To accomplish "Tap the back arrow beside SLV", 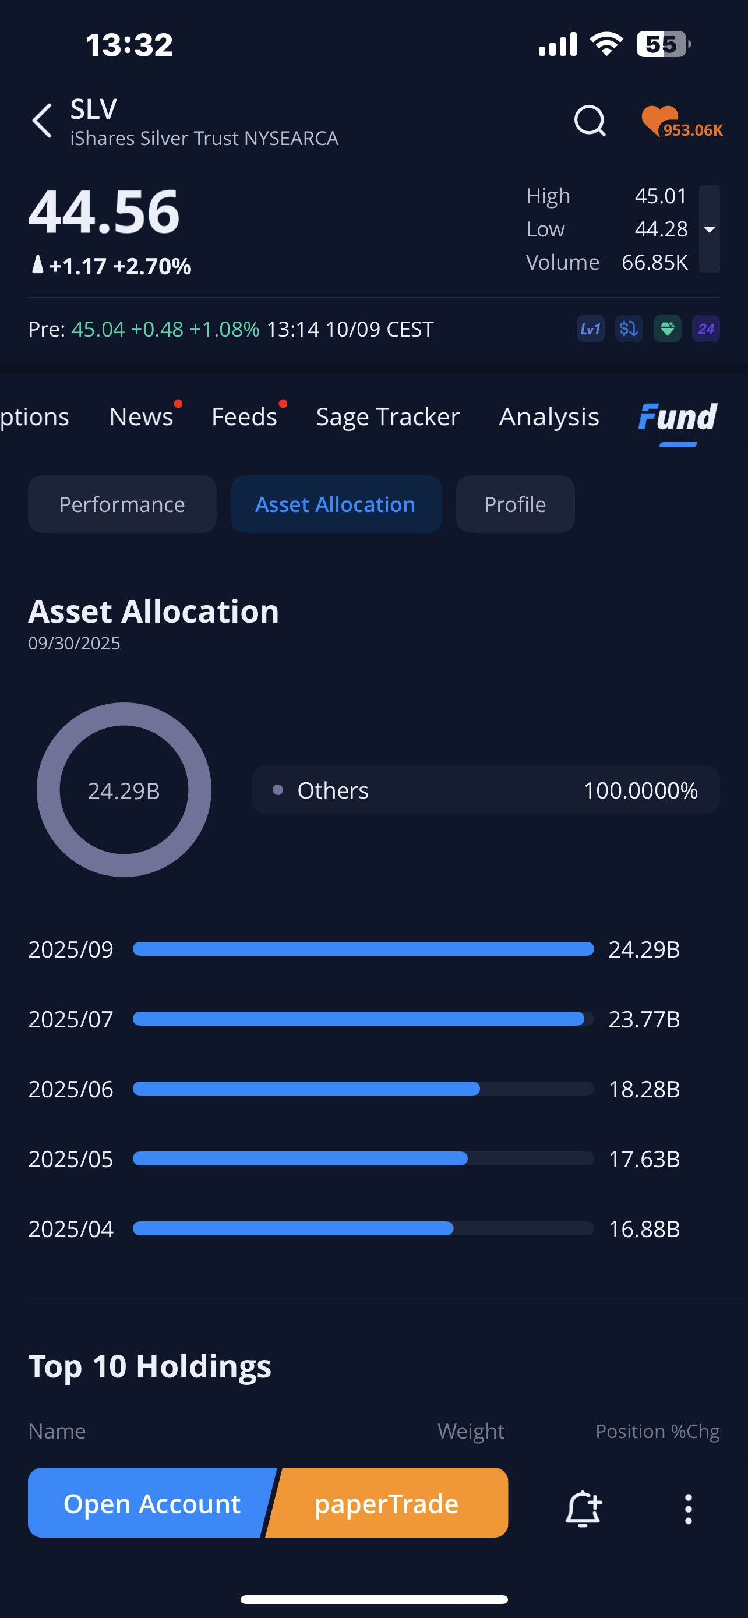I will pyautogui.click(x=42, y=121).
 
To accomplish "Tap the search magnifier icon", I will pyautogui.click(x=590, y=121).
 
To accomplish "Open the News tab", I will pyautogui.click(x=142, y=417).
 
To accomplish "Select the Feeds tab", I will pyautogui.click(x=244, y=417).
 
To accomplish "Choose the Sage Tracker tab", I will pyautogui.click(x=387, y=417).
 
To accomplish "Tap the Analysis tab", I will pyautogui.click(x=549, y=417).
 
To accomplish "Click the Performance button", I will pyautogui.click(x=122, y=504).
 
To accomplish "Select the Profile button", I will pyautogui.click(x=515, y=504).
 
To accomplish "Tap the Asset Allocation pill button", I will pyautogui.click(x=336, y=504).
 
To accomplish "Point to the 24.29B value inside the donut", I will pyautogui.click(x=124, y=791).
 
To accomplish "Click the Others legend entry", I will pyautogui.click(x=485, y=790).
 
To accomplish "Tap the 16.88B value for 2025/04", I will pyautogui.click(x=644, y=1229).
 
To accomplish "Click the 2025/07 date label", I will pyautogui.click(x=70, y=1019).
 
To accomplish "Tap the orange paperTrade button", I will pyautogui.click(x=387, y=1503).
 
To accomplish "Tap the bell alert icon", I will pyautogui.click(x=584, y=1507).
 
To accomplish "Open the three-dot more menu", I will pyautogui.click(x=689, y=1508).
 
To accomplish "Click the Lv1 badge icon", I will pyautogui.click(x=590, y=328).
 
